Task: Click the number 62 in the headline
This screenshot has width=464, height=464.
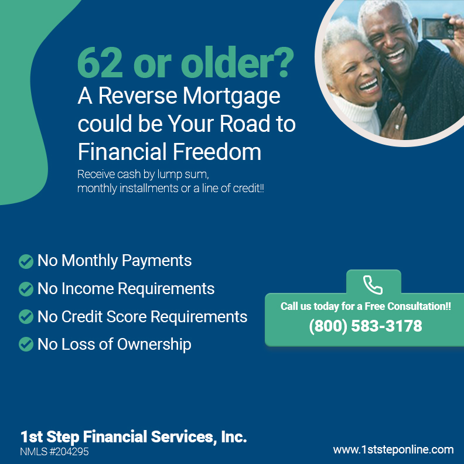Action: pyautogui.click(x=100, y=63)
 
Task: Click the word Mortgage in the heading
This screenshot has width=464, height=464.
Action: pyautogui.click(x=231, y=97)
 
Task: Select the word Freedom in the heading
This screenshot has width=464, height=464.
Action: pyautogui.click(x=217, y=152)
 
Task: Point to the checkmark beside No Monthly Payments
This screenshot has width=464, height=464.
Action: pyautogui.click(x=26, y=262)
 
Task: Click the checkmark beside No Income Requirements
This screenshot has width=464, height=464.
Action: pyautogui.click(x=26, y=289)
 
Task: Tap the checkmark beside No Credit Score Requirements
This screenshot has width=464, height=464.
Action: pyautogui.click(x=26, y=316)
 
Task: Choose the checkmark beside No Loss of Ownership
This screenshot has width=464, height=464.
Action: pyautogui.click(x=26, y=344)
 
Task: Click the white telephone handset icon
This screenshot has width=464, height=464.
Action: pyautogui.click(x=373, y=285)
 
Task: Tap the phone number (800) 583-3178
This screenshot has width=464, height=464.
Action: pyautogui.click(x=366, y=326)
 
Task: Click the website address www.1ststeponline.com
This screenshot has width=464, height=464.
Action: pyautogui.click(x=393, y=450)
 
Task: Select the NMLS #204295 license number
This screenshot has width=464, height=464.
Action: pyautogui.click(x=54, y=452)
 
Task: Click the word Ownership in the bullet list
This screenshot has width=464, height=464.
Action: pyautogui.click(x=154, y=344)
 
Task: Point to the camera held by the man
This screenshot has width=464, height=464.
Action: pyautogui.click(x=438, y=28)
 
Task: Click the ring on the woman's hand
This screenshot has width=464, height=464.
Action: pyautogui.click(x=397, y=127)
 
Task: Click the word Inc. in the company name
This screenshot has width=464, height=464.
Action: pyautogui.click(x=234, y=437)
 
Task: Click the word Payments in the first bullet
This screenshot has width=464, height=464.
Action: pyautogui.click(x=157, y=261)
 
